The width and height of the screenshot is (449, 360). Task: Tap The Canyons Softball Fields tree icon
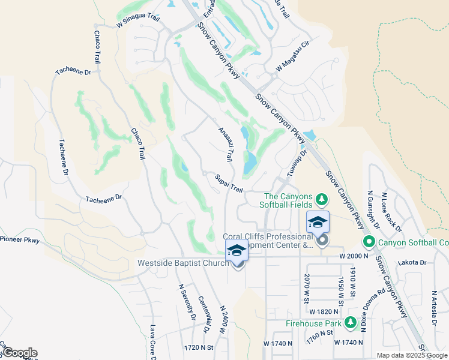(321, 198)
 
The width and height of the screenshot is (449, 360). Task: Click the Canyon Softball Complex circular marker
(369, 242)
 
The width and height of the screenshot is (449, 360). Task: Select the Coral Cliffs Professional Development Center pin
(322, 241)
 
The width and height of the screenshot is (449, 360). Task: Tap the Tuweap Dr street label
(298, 161)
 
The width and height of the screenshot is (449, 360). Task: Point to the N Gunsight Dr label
(374, 210)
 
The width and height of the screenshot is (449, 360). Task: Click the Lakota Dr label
(414, 262)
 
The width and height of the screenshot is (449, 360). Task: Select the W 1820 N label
(325, 312)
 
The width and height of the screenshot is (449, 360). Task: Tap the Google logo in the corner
(20, 353)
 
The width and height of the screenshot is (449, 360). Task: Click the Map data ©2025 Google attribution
(412, 355)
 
